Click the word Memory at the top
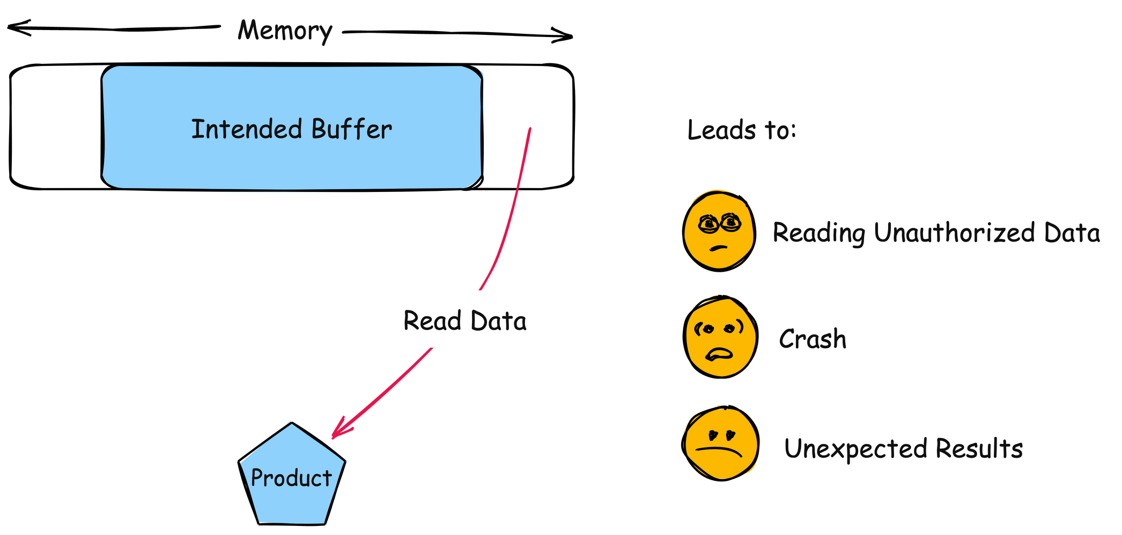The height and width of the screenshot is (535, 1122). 285,31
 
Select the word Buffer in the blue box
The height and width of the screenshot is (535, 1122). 351,130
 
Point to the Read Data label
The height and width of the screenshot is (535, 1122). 464,321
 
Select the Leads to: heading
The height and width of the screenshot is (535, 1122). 742,130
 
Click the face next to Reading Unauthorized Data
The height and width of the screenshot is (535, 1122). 719,232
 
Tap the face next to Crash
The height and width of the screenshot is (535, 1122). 720,337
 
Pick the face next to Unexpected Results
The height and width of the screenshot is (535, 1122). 721,443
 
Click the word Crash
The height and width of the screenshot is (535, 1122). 812,339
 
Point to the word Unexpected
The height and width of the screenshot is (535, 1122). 855,449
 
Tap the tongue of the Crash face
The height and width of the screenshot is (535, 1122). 719,354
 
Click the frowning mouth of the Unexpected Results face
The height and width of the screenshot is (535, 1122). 719,450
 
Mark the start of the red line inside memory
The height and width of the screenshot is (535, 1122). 530,129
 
